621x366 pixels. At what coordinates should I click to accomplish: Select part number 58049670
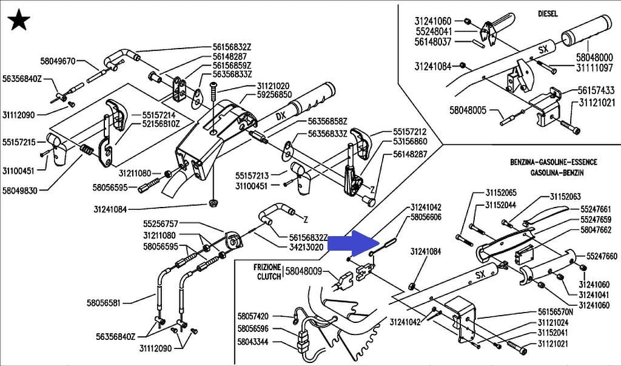pos(58,61)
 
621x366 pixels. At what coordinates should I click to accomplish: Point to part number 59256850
pos(275,95)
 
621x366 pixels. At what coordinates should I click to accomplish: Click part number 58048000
pos(594,57)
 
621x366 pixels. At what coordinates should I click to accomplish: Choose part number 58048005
pos(468,110)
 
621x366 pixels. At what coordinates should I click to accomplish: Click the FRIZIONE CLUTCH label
pos(267,272)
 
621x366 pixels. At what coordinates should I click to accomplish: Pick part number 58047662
pos(596,230)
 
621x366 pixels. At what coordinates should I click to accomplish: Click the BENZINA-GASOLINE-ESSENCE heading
pos(554,163)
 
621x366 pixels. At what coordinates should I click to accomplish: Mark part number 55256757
pos(161,223)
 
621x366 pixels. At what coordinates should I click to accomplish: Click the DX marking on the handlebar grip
pos(280,115)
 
